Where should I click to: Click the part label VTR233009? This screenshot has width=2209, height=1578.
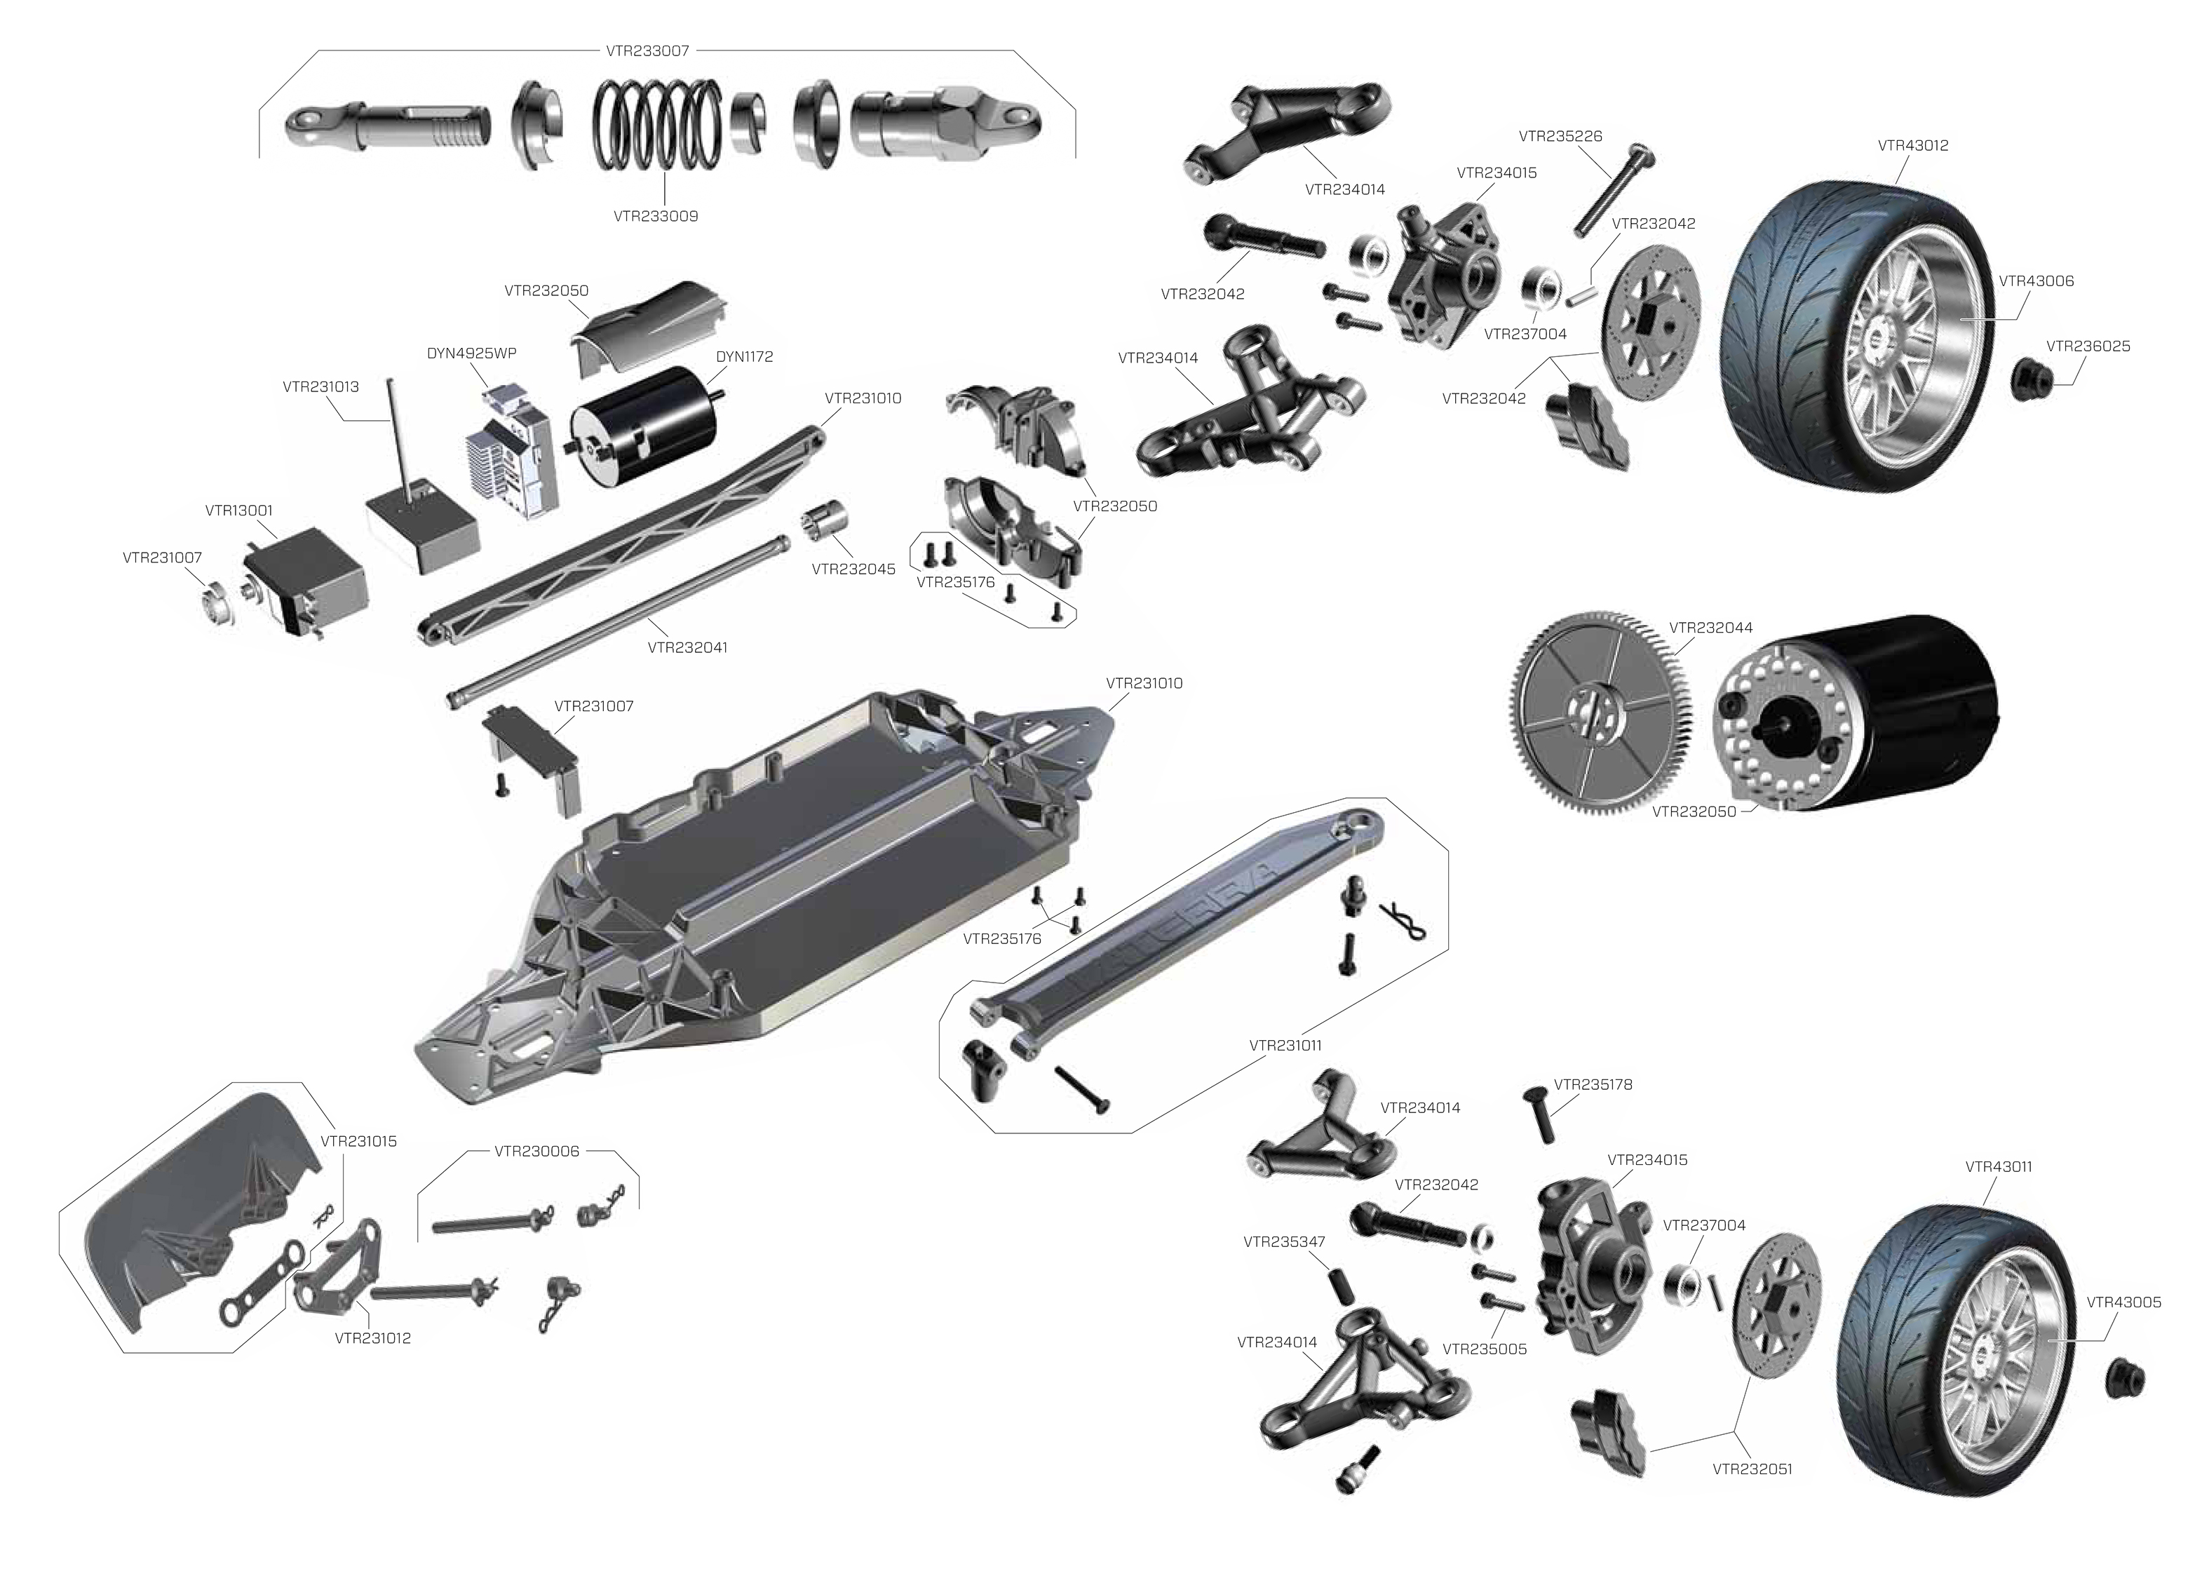(655, 217)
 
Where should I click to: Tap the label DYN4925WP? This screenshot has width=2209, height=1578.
(471, 353)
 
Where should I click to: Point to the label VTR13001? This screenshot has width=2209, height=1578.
(239, 510)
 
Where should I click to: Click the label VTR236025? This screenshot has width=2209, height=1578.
(2088, 346)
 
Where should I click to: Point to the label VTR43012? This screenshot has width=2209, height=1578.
(1913, 146)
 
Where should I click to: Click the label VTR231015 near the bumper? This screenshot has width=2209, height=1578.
(358, 1141)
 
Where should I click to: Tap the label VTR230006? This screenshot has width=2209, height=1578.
(536, 1152)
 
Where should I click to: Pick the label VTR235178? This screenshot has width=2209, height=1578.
(1593, 1084)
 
